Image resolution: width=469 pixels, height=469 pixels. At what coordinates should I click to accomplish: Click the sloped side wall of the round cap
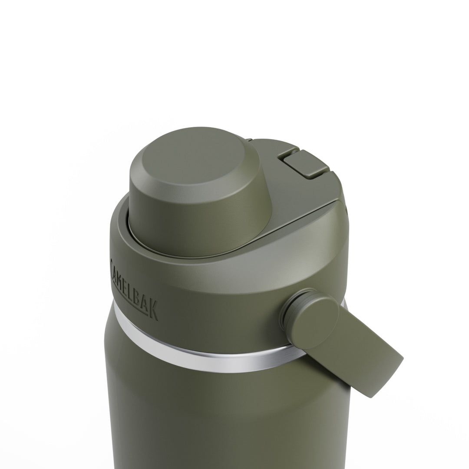click(x=195, y=217)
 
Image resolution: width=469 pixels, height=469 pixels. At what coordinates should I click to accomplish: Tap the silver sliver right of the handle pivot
click(x=344, y=304)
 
